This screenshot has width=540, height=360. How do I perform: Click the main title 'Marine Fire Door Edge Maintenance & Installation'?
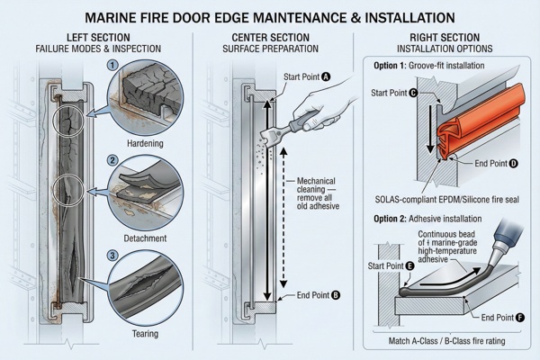pos(270,16)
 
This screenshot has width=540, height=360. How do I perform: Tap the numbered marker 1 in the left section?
pos(112,65)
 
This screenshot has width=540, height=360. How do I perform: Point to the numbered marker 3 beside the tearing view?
pos(112,256)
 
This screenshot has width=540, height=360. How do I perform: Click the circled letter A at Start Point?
pos(326,78)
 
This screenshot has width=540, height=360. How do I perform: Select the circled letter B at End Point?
pos(336,294)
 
